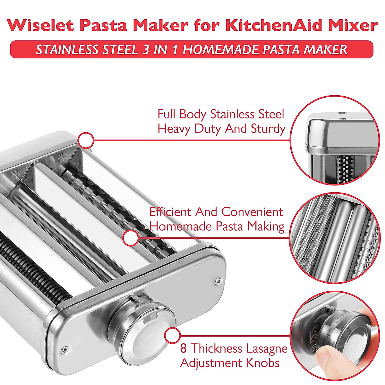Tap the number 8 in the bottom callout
click(x=184, y=348)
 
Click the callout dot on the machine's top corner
click(x=86, y=141)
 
